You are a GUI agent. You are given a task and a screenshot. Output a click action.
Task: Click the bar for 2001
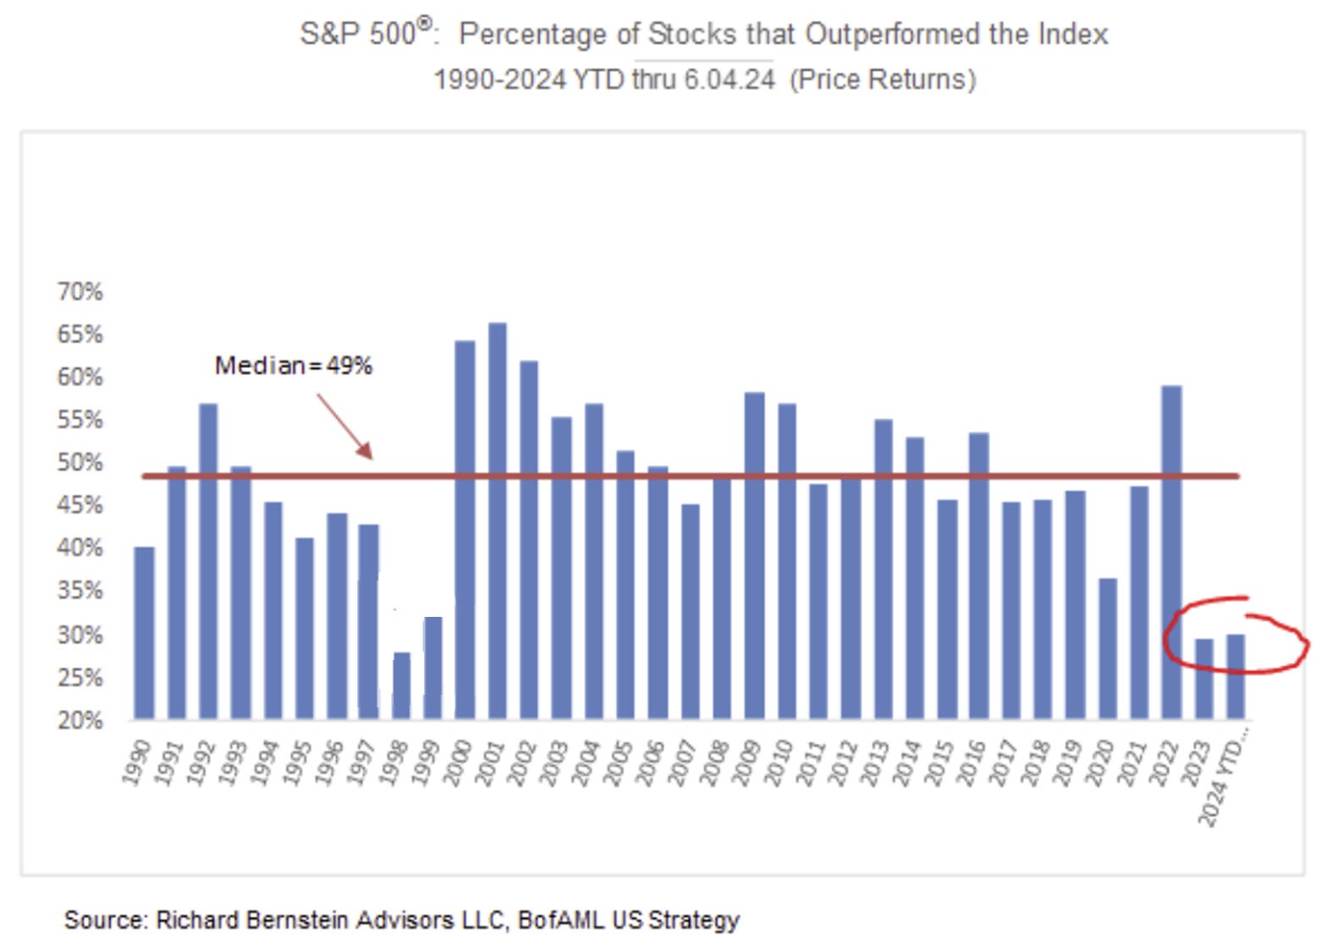click(498, 520)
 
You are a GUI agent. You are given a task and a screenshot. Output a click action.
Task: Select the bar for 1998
click(401, 685)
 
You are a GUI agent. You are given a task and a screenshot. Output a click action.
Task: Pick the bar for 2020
click(1107, 648)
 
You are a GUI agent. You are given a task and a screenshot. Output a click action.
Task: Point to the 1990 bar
click(145, 633)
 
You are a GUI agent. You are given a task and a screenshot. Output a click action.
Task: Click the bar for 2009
click(754, 555)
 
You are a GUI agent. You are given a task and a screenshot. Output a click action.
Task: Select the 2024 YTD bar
click(1236, 677)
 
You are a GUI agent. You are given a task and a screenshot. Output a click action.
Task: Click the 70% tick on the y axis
click(80, 292)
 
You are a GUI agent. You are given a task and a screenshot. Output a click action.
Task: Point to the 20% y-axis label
click(80, 721)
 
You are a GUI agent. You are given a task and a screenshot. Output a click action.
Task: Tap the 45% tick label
click(80, 506)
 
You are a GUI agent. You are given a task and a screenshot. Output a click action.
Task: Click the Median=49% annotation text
click(293, 366)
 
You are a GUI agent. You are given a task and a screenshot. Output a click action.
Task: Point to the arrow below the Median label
click(345, 426)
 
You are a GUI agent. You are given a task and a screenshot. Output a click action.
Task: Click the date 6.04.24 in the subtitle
click(729, 80)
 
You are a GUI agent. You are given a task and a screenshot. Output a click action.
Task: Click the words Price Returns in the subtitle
click(883, 80)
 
